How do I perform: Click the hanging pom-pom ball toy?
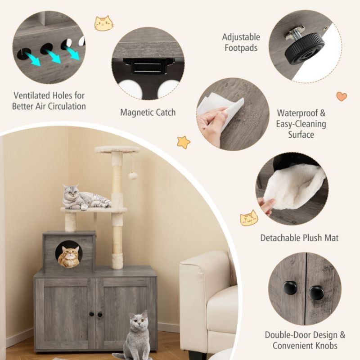(133, 176)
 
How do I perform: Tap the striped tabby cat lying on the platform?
(86, 198)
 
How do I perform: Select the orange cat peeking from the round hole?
(69, 256)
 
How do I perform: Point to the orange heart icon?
(342, 96)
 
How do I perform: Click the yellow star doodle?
(184, 142)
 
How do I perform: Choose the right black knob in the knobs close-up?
(316, 292)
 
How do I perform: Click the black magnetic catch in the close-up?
(147, 66)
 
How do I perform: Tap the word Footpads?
(241, 48)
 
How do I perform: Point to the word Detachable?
(279, 238)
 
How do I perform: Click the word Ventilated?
(31, 95)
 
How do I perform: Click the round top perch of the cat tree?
(117, 149)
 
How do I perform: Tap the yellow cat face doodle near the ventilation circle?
(104, 23)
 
